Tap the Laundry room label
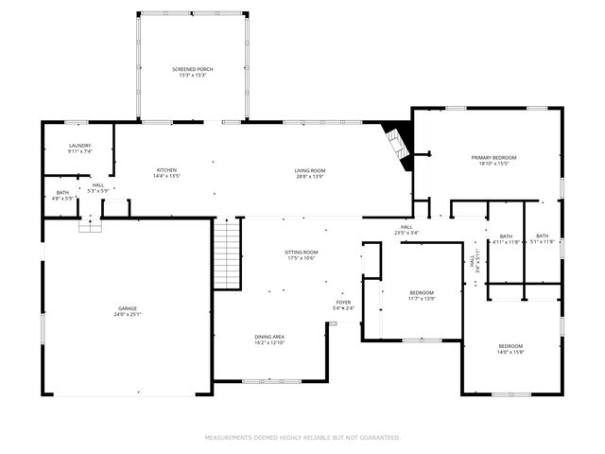click(79, 148)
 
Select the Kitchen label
click(167, 173)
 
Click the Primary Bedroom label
click(494, 160)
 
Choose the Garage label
click(128, 311)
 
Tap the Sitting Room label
click(302, 255)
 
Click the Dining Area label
click(269, 340)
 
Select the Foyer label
click(344, 306)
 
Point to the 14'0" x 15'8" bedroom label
click(510, 350)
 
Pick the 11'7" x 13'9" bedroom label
click(422, 296)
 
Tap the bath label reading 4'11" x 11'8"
click(506, 239)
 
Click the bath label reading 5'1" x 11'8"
click(542, 238)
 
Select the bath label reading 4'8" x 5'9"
click(62, 196)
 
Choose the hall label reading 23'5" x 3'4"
click(406, 230)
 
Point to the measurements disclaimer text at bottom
click(302, 438)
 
